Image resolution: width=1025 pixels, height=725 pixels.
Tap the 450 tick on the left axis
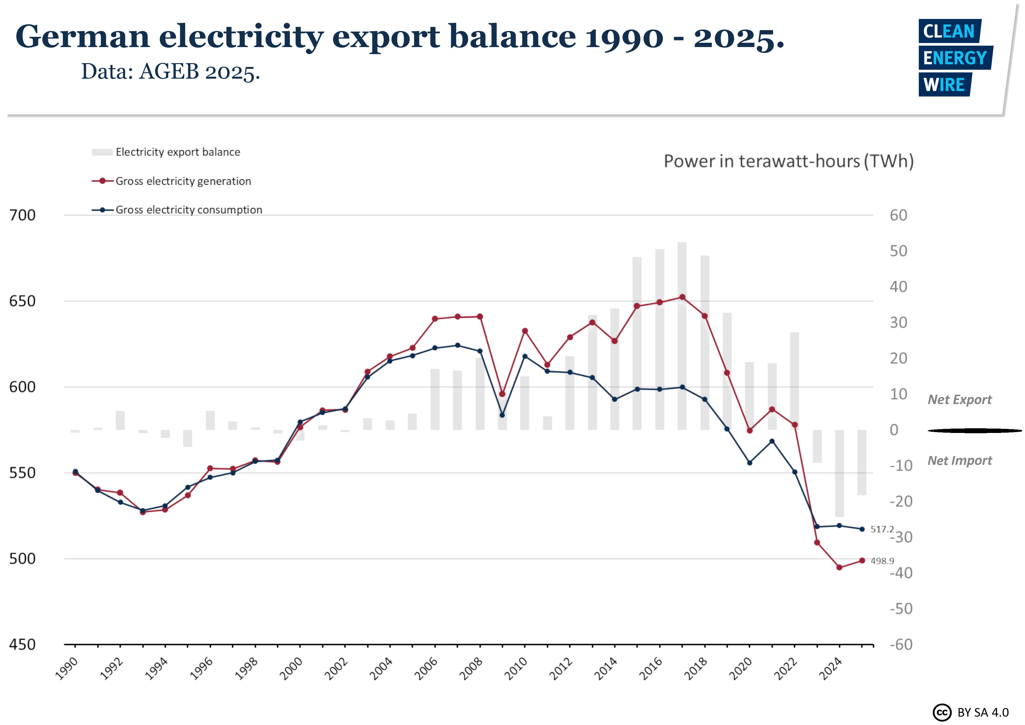pyautogui.click(x=22, y=645)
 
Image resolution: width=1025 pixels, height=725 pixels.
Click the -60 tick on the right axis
pyautogui.click(x=901, y=645)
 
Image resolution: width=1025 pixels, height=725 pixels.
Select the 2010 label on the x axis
pyautogui.click(x=516, y=668)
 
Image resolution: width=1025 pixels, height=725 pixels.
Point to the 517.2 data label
pyautogui.click(x=882, y=529)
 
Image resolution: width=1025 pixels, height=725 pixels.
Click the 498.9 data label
pyautogui.click(x=882, y=561)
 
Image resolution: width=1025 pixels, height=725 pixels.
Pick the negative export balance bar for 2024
pyautogui.click(x=839, y=474)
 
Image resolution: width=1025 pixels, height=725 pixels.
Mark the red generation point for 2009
pyautogui.click(x=502, y=394)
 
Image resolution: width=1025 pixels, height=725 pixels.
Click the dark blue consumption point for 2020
pyautogui.click(x=749, y=463)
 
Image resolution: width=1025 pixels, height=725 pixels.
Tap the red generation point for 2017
pyautogui.click(x=682, y=297)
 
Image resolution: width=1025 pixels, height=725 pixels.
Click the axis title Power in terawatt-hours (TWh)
pyautogui.click(x=788, y=161)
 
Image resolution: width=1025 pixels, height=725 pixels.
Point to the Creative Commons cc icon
pyautogui.click(x=942, y=712)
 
